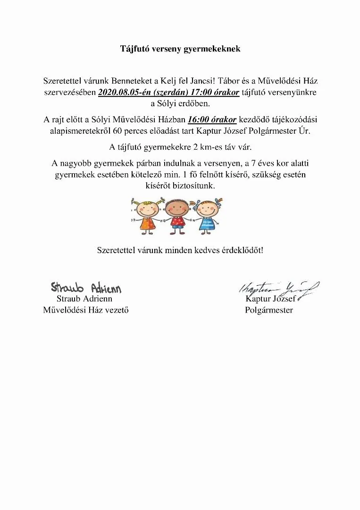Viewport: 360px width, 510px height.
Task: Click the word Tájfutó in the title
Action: pos(134,49)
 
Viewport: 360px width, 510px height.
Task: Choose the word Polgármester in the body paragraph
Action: pos(272,131)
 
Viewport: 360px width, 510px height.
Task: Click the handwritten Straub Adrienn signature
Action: pos(86,287)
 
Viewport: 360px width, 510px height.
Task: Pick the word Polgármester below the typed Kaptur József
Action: pos(269,310)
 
